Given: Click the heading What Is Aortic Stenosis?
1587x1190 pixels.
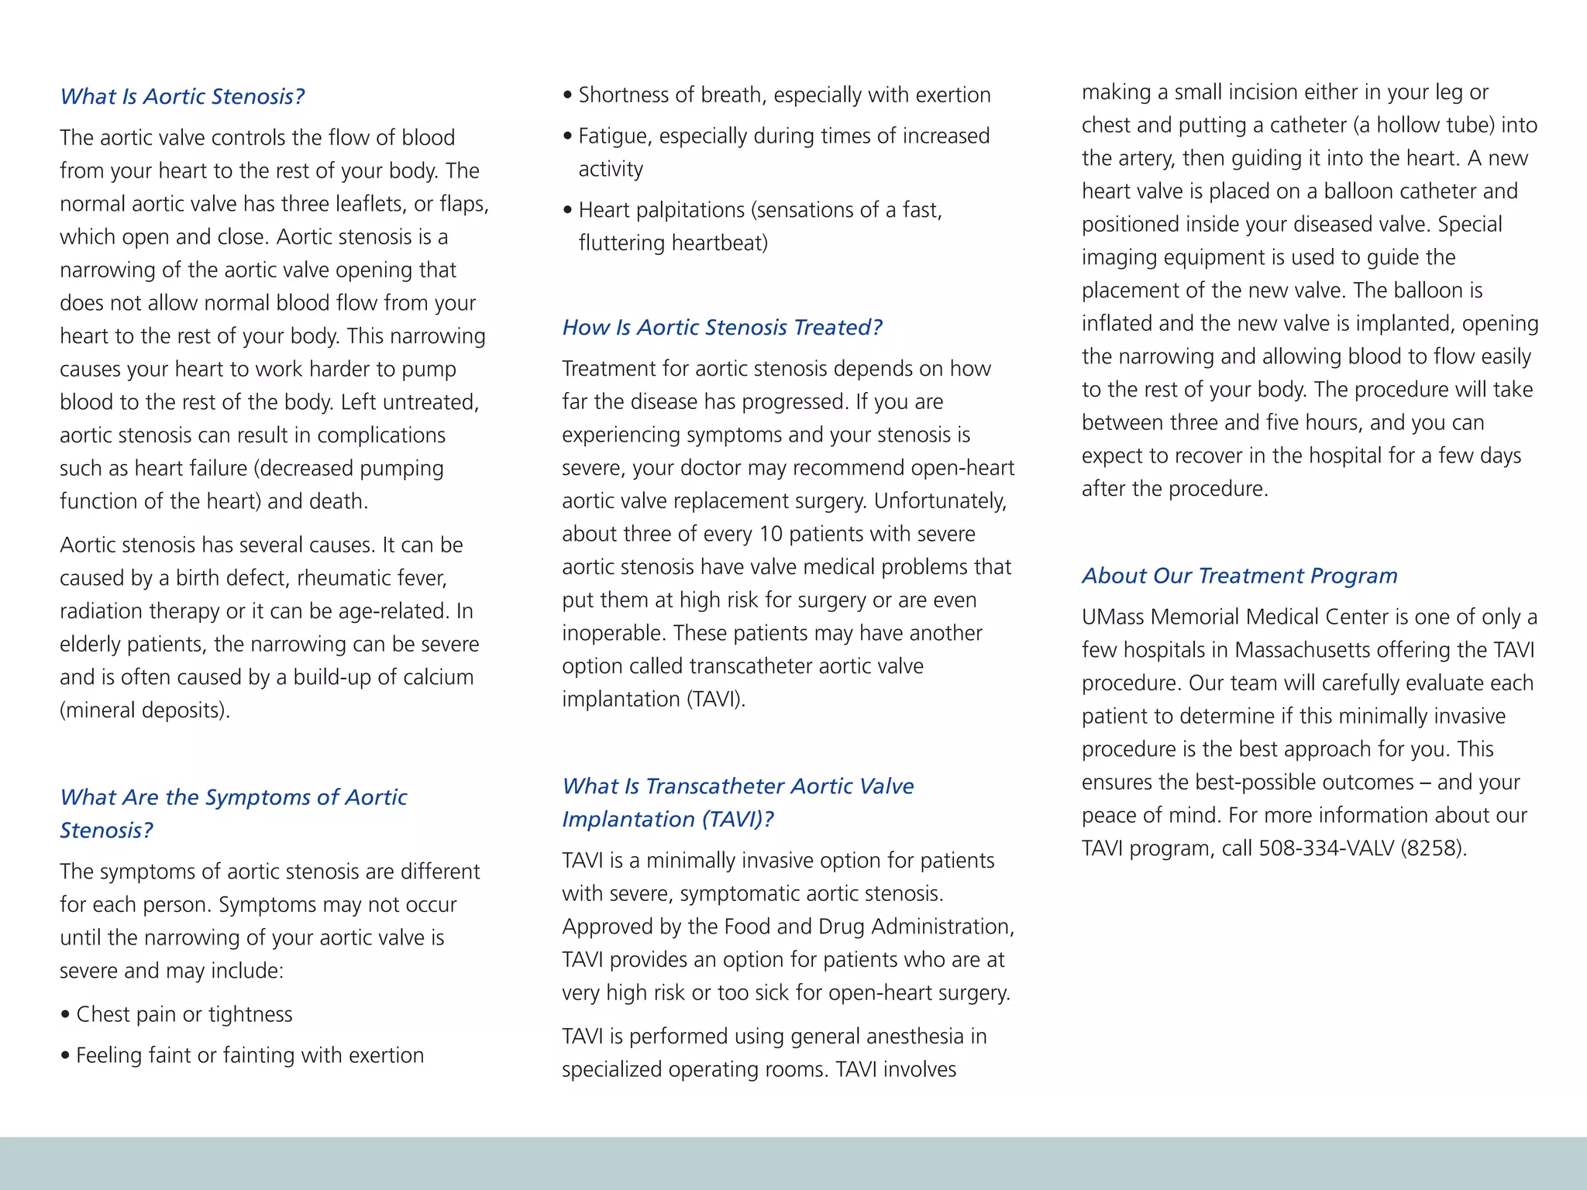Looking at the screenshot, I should [182, 97].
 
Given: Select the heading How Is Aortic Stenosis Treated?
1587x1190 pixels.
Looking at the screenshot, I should [721, 328].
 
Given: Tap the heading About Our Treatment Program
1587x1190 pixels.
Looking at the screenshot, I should [1239, 576].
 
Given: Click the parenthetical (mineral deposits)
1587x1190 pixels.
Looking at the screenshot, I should [145, 710].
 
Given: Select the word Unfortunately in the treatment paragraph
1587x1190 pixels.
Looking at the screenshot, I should [940, 501].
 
